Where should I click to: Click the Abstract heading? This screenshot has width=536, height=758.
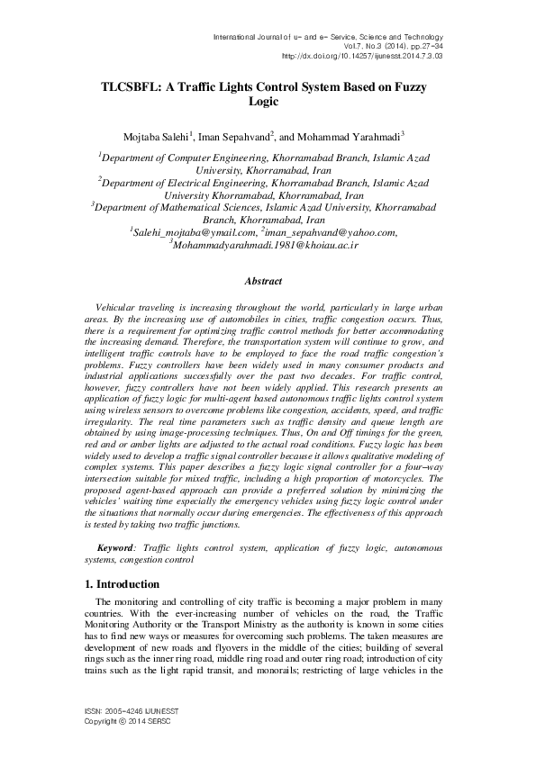(x=267, y=282)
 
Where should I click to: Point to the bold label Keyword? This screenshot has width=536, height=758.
(x=114, y=548)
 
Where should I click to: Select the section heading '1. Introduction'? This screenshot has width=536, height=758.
(x=115, y=584)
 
